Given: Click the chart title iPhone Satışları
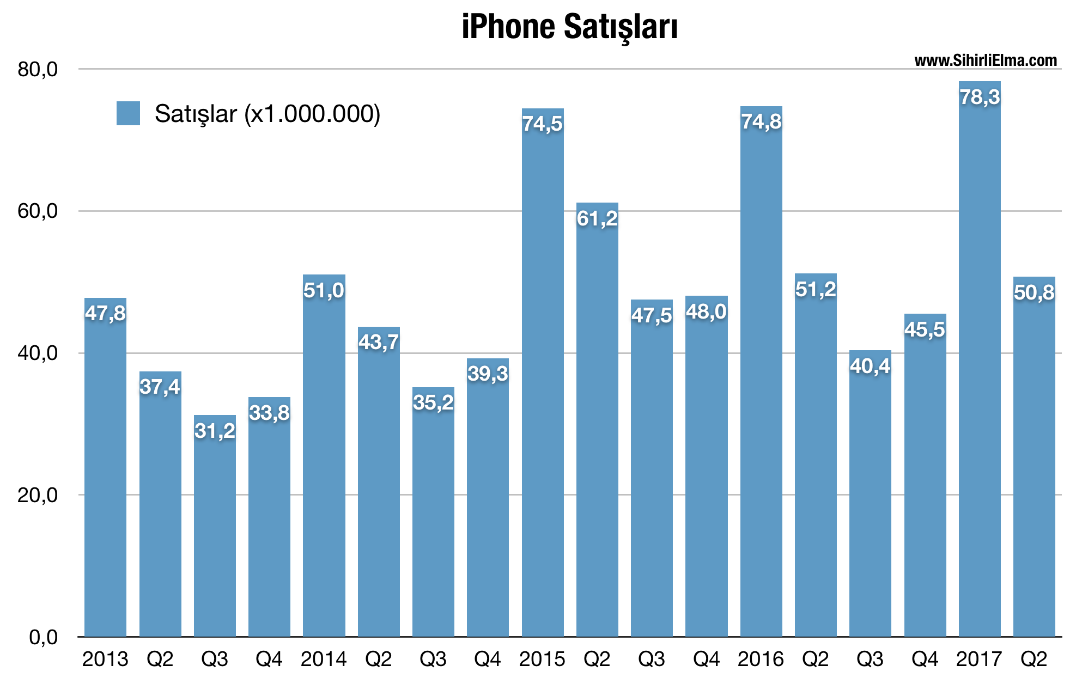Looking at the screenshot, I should pyautogui.click(x=569, y=27).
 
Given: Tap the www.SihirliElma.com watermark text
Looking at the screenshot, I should pyautogui.click(x=985, y=60).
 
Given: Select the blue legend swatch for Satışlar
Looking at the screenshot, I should pyautogui.click(x=128, y=113).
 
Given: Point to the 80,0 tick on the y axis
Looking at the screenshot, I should pyautogui.click(x=38, y=70).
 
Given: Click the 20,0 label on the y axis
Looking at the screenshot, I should pyautogui.click(x=38, y=495).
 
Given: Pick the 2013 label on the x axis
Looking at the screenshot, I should pyautogui.click(x=105, y=659).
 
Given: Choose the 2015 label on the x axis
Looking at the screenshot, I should pyautogui.click(x=542, y=659).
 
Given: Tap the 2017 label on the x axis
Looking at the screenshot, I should pyautogui.click(x=979, y=659).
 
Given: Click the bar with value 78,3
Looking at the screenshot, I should pyautogui.click(x=980, y=381).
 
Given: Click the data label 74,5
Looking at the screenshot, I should pyautogui.click(x=542, y=124).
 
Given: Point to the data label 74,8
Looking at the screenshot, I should pyautogui.click(x=761, y=122).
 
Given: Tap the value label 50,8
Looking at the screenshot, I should pyautogui.click(x=1034, y=293).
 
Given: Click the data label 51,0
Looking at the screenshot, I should pyautogui.click(x=324, y=291).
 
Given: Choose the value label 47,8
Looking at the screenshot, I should pyautogui.click(x=105, y=314).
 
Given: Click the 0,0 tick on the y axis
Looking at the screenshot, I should pyautogui.click(x=43, y=637).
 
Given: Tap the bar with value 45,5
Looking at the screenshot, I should pyautogui.click(x=925, y=490).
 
